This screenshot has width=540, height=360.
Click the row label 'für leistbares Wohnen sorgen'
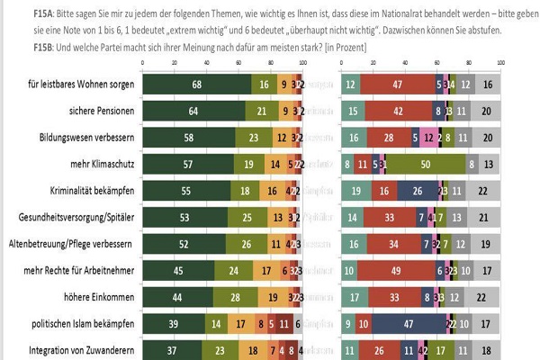tap(81, 85)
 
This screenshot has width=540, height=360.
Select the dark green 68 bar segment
tap(197, 85)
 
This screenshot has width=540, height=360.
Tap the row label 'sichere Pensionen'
tap(94, 111)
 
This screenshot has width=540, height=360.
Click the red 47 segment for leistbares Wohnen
tap(397, 85)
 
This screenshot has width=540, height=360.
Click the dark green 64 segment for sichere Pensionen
tap(194, 111)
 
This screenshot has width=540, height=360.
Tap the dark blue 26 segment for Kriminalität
tap(418, 191)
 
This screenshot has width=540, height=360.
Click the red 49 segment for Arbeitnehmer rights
tap(396, 270)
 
